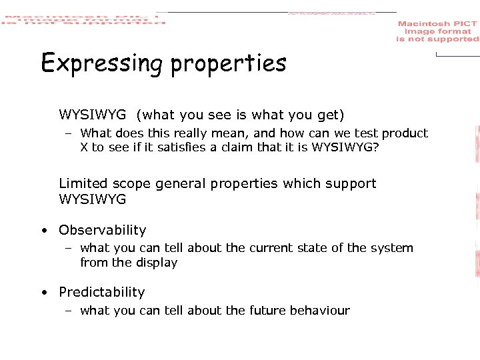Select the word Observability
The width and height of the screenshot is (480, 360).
[x=102, y=230]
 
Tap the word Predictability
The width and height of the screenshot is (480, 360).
[x=101, y=292]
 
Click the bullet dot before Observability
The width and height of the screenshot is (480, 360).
[x=43, y=231]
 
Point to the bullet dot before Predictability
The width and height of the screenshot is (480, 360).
[x=43, y=293]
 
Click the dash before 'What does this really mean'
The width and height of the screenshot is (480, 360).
[x=69, y=133]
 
